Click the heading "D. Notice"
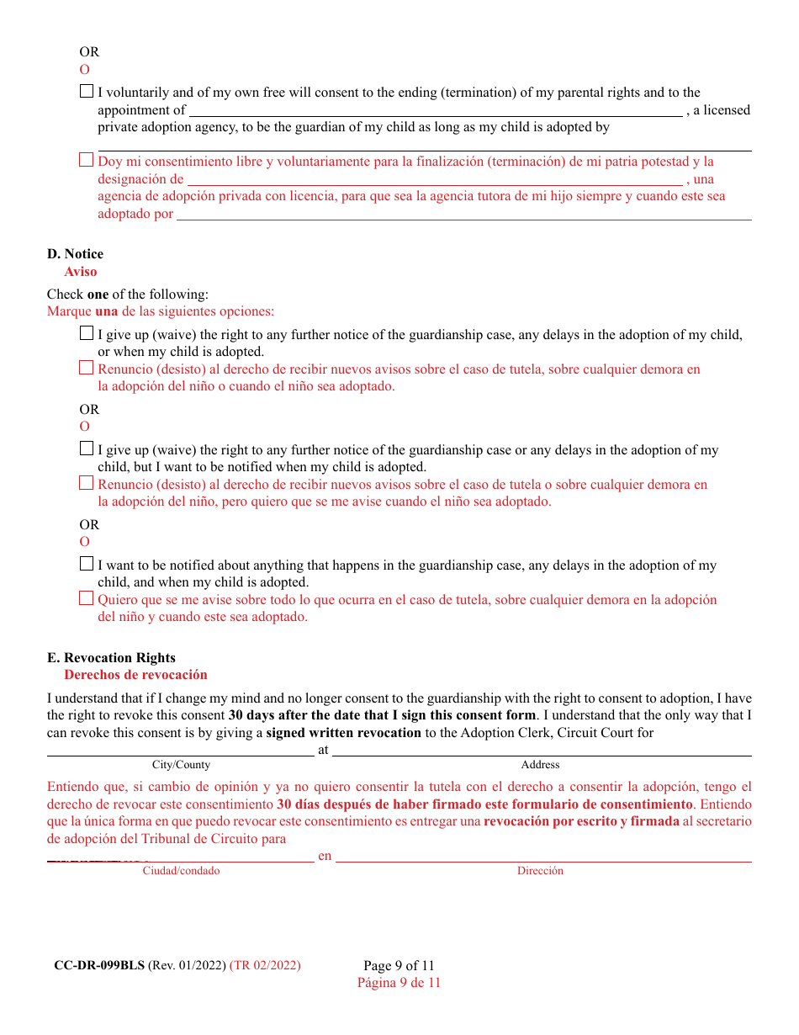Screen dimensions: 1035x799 76,254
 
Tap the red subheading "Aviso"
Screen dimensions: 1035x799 81,272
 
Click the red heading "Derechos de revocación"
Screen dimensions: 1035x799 135,675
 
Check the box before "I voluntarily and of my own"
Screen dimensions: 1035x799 87,92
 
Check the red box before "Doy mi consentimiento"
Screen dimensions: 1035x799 87,160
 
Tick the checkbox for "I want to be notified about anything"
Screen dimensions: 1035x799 87,565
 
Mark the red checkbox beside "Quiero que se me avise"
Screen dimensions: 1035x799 87,599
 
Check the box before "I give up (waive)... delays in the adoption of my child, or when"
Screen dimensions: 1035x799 87,334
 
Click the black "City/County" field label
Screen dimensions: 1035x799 181,765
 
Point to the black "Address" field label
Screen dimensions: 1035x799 540,765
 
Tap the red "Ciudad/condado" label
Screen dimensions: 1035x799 181,871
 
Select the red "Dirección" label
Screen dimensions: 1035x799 540,871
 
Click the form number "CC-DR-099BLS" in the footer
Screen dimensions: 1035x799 99,965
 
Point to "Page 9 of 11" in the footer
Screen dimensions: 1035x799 399,965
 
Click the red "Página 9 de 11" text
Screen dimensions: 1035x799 399,982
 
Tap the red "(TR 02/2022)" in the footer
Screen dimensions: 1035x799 265,965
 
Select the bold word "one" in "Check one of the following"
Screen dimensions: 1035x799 98,295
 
